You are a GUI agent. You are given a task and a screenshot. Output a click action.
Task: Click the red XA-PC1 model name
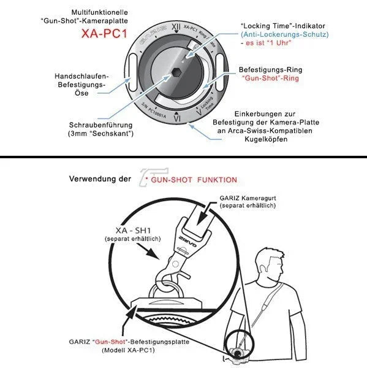point(104,33)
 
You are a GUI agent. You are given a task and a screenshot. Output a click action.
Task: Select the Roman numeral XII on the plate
point(176,27)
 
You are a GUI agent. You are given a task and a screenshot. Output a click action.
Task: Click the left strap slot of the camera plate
point(132,72)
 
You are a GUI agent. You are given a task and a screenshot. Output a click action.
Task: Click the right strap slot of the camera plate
point(220,72)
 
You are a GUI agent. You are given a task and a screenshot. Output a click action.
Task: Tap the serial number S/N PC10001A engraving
point(154,110)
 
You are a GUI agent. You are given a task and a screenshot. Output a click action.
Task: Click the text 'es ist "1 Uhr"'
point(268,43)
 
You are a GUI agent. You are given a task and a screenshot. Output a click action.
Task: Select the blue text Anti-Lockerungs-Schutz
point(285,34)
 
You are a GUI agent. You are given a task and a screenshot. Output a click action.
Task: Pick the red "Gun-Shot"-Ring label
point(270,78)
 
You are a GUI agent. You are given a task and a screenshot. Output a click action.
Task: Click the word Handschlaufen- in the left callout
point(81,76)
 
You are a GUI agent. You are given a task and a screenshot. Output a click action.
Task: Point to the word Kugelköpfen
point(266,139)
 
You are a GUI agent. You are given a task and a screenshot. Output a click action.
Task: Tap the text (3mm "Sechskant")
point(100,134)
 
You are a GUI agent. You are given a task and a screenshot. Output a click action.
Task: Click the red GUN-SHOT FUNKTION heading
point(194,180)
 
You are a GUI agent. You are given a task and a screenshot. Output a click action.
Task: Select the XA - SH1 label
point(133,231)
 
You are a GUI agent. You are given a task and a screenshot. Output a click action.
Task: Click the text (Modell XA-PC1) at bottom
point(128,350)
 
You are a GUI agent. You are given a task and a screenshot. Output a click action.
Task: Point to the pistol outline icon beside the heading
point(154,177)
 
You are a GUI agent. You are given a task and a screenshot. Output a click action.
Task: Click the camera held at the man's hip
point(236,355)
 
